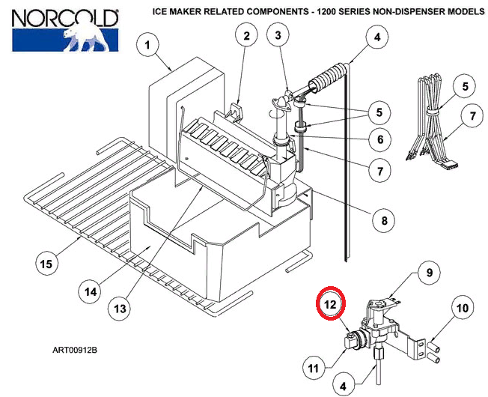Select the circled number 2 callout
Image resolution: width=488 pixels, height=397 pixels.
coord(245,34)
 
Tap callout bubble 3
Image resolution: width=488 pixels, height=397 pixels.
coord(278,34)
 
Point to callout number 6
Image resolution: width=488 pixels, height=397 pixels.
coord(379,140)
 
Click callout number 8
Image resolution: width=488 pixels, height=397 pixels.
coord(384,220)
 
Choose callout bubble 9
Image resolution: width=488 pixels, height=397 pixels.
coord(429,273)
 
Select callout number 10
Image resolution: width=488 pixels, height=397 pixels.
coord(461,307)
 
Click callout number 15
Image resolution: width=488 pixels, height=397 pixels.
coord(46,264)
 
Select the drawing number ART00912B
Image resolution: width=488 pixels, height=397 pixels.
coord(75,350)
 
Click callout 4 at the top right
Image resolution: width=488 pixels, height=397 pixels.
coord(376,37)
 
